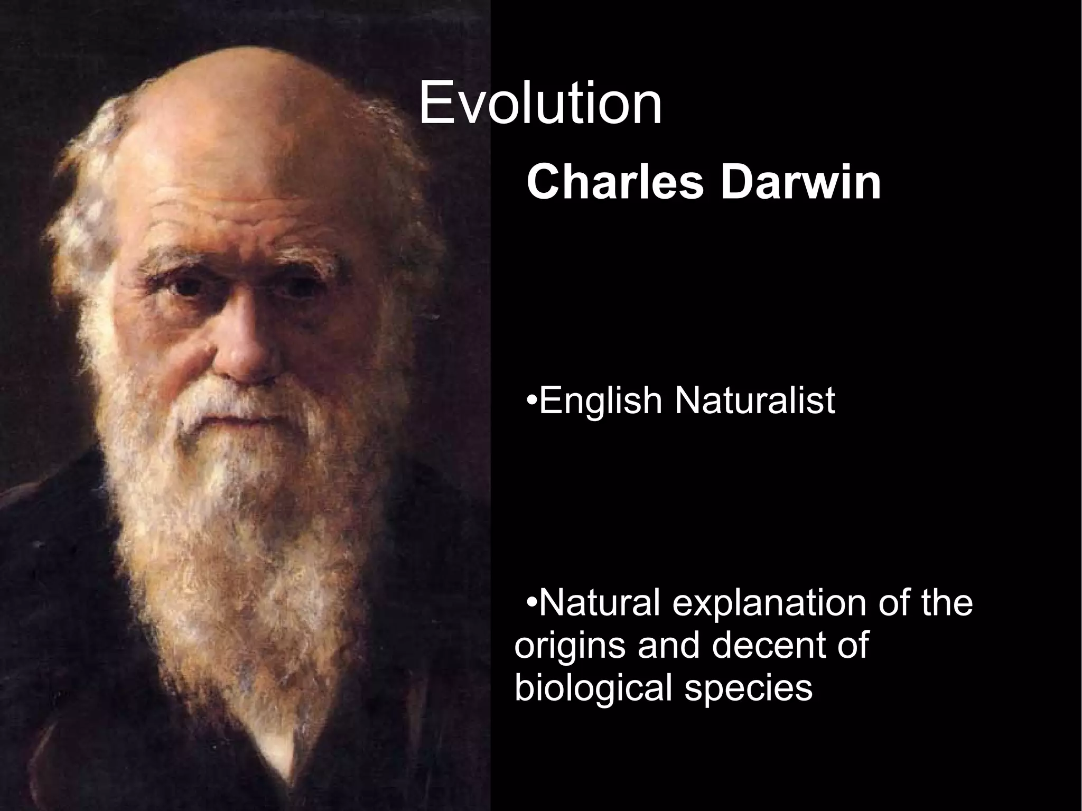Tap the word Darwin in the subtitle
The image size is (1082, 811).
pos(801,183)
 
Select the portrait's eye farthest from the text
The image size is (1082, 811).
pos(185,288)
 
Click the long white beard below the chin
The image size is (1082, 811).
pos(232,528)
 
